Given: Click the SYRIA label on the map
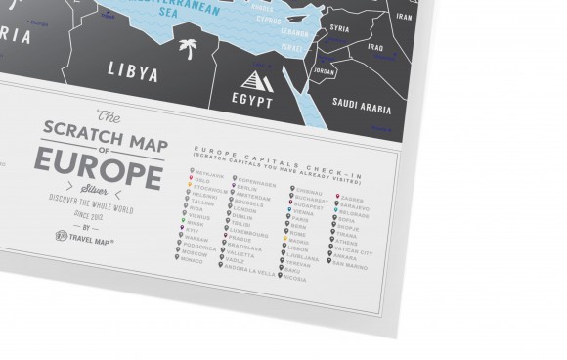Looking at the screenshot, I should point(340,28).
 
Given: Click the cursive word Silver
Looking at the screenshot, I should point(98,184).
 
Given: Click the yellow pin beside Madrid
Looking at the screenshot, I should point(284,240).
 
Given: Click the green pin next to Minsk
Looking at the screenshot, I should point(184,221).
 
